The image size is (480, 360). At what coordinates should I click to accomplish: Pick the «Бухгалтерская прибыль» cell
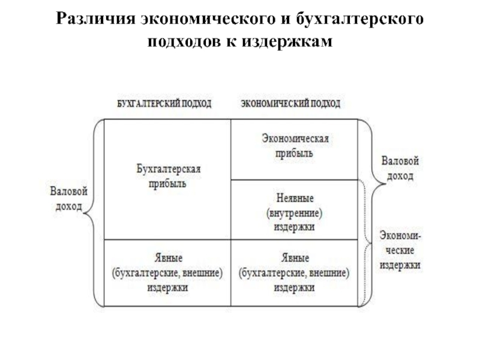pos(167,178)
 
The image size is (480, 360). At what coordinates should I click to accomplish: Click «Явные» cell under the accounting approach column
pos(167,273)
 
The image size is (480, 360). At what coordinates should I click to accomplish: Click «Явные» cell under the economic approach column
pos(295,273)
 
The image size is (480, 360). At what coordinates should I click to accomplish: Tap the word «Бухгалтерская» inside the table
pos(167,170)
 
